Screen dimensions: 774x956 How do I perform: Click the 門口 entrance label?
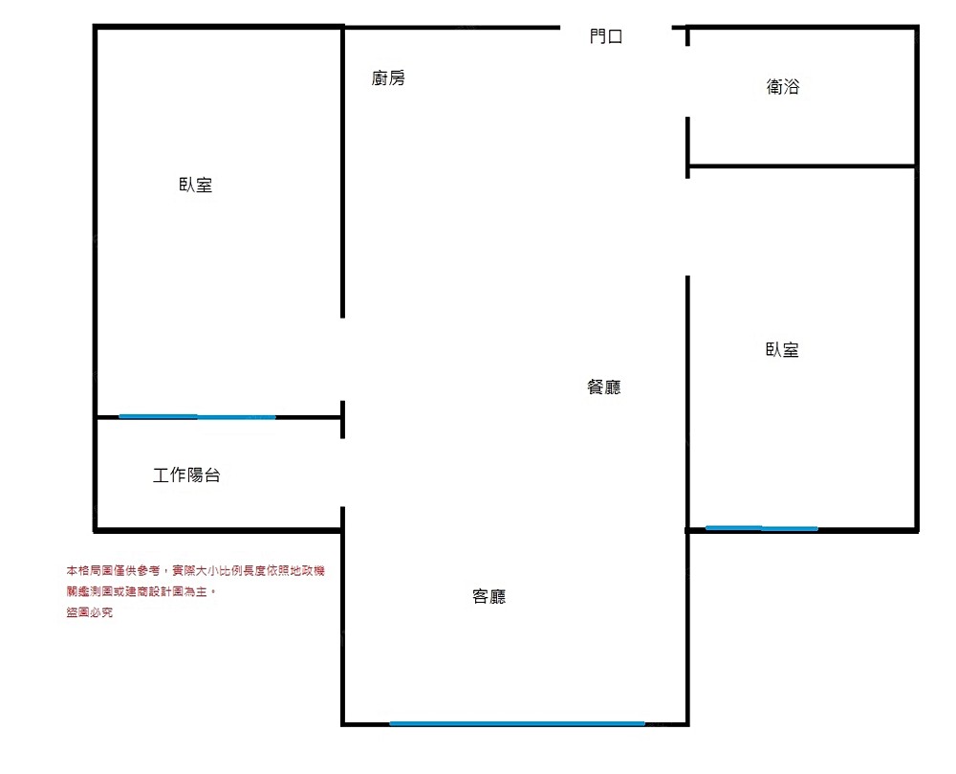606,37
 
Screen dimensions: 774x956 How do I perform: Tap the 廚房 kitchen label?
388,78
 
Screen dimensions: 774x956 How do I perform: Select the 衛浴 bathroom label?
783,87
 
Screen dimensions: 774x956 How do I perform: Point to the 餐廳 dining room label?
604,387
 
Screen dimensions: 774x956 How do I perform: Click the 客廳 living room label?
489,597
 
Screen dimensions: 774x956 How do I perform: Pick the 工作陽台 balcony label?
186,475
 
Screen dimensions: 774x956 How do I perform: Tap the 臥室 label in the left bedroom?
196,186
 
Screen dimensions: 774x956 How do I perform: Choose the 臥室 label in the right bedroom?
782,350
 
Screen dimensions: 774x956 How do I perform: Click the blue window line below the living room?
516,723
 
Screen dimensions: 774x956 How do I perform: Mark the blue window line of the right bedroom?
762,527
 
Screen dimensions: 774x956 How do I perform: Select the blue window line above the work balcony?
197,416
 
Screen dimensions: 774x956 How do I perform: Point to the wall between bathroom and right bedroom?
801,166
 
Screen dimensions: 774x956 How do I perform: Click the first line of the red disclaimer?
195,570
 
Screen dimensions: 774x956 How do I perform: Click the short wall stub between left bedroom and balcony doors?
343,419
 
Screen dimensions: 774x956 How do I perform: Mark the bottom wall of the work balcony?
218,529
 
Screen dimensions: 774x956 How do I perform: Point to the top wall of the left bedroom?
218,27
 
